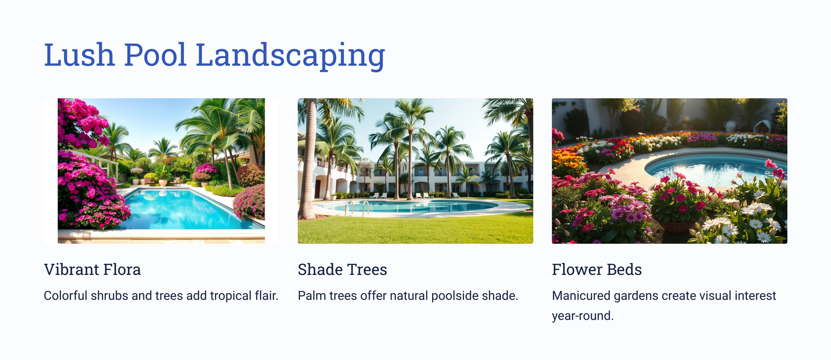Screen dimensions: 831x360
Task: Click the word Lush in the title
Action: (x=79, y=55)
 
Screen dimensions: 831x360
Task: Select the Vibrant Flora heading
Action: (x=92, y=270)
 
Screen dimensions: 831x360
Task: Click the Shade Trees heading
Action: (x=342, y=270)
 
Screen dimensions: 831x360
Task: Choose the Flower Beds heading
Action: (x=597, y=270)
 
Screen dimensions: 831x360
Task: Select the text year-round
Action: (x=583, y=316)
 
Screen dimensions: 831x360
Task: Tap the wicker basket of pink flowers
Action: (x=676, y=223)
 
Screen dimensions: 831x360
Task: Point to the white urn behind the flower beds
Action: (x=730, y=126)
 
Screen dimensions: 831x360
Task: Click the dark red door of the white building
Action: (x=317, y=189)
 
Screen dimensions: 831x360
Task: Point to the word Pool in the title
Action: (x=155, y=55)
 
